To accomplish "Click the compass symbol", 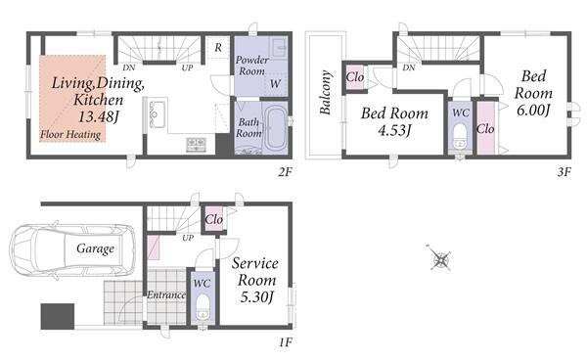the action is [x=440, y=258].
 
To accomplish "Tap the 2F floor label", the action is [x=285, y=172].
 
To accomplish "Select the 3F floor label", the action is [x=564, y=172].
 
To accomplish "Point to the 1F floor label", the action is [x=285, y=342].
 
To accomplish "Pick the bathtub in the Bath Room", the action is [x=275, y=128].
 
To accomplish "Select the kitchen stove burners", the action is [x=197, y=145].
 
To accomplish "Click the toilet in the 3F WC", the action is [x=460, y=136].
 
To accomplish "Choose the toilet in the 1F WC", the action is [x=203, y=306].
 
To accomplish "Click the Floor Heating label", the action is [x=70, y=134].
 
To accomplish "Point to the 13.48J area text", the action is [x=98, y=116].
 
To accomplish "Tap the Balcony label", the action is [x=326, y=92].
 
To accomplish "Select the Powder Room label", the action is [x=252, y=66].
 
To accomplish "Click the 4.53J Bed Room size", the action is [x=394, y=131].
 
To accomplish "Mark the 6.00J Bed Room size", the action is [x=533, y=110].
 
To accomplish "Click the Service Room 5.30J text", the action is [x=255, y=280].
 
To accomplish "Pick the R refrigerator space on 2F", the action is [x=218, y=47].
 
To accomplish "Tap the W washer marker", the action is [x=275, y=83].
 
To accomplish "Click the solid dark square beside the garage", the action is [x=58, y=316].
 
